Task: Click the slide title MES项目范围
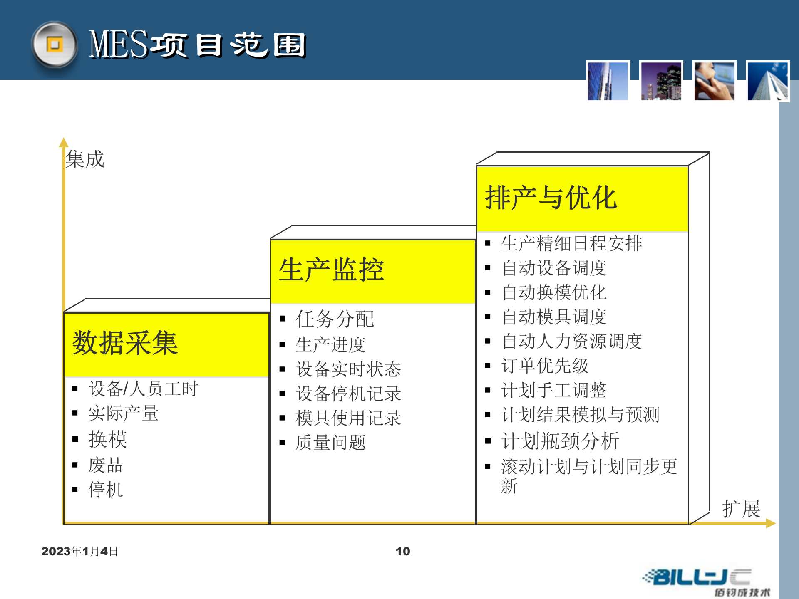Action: (x=197, y=45)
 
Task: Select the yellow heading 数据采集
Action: (x=125, y=344)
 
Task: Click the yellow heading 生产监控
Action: (x=331, y=270)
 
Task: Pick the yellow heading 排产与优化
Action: (x=551, y=198)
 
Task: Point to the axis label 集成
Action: (x=85, y=159)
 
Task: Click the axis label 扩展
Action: (x=741, y=509)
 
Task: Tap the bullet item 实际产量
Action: (x=123, y=413)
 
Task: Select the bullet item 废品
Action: (x=105, y=465)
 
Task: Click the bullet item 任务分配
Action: (x=335, y=319)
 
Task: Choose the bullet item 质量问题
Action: (x=330, y=443)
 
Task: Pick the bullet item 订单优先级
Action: (x=545, y=366)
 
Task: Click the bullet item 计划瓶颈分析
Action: (x=560, y=441)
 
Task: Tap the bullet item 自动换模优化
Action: (x=554, y=292)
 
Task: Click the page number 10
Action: (x=402, y=552)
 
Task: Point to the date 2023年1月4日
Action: (x=79, y=552)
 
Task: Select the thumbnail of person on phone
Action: (x=714, y=81)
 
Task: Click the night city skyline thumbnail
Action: (x=661, y=81)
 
